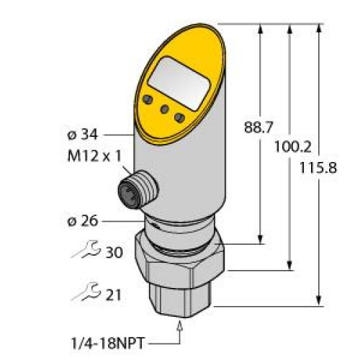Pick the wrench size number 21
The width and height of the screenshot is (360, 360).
tap(113, 295)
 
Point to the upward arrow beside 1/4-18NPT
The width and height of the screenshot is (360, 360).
tap(179, 332)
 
